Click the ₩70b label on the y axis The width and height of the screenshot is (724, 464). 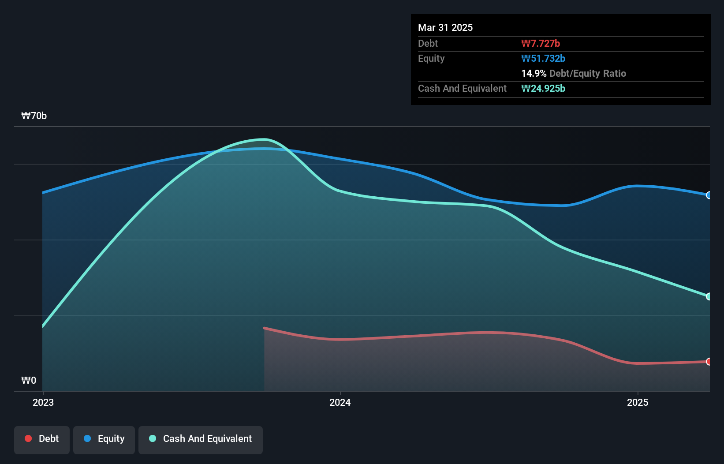34,116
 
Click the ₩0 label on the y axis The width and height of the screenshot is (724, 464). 29,380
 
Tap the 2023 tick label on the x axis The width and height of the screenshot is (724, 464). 43,402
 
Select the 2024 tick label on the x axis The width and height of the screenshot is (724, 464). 340,402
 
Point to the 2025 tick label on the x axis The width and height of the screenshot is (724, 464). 638,402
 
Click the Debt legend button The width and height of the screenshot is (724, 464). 42,439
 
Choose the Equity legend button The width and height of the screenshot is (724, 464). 104,439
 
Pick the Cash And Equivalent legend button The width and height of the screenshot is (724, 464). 201,439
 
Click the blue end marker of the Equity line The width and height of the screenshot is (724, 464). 709,195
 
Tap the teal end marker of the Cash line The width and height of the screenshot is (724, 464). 709,296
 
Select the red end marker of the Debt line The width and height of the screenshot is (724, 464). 709,362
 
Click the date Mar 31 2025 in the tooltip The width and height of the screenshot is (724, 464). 445,27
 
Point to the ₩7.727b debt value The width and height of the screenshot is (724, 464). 541,43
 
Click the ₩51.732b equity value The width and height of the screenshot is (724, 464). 543,58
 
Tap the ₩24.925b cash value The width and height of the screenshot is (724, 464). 543,88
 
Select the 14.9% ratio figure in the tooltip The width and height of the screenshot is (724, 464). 534,73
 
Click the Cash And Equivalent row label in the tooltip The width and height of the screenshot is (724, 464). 462,88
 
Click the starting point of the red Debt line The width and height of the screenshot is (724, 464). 264,328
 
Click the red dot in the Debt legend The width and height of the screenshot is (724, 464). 28,438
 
